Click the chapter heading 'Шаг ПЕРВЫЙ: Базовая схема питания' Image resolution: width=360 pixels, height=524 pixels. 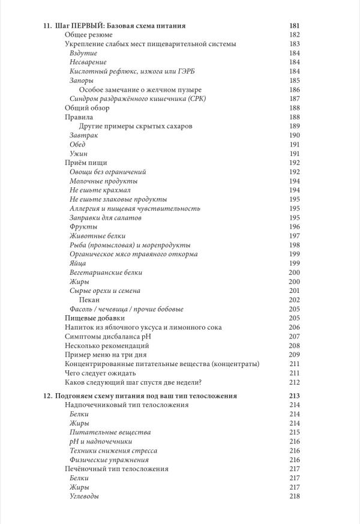119,26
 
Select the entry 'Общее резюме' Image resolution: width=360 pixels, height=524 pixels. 88,35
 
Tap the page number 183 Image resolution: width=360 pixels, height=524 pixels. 294,44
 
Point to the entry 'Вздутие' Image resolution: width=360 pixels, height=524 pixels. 83,53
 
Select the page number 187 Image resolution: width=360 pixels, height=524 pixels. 294,98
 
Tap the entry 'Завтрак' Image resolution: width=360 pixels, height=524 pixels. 84,136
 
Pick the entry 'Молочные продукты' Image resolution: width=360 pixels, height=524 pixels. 103,181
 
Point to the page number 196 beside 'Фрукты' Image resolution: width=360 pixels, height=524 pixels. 294,226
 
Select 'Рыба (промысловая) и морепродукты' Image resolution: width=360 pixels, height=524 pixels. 130,245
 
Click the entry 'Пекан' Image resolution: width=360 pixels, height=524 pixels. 89,300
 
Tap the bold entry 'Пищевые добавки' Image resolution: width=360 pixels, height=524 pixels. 94,318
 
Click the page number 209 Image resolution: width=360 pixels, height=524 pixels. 294,355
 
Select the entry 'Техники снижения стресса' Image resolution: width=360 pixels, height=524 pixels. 113,450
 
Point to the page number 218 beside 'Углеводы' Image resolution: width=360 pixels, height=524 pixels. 294,496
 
